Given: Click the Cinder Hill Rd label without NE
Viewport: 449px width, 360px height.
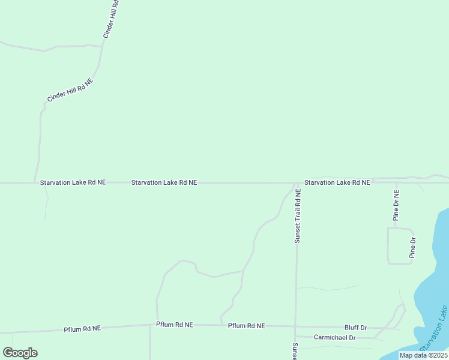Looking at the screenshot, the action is pos(110,20).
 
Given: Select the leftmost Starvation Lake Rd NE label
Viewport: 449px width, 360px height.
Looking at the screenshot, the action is pos(73,182).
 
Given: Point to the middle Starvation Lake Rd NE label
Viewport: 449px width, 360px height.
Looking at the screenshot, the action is pos(164,182).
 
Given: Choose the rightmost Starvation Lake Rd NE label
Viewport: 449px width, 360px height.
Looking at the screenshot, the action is pos(337,182).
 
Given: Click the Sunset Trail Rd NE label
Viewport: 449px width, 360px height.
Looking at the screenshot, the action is pos(297,214).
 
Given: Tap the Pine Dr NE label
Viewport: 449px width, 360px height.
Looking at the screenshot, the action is pos(396,205).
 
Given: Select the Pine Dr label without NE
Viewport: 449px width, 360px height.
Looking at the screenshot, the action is pos(412,248).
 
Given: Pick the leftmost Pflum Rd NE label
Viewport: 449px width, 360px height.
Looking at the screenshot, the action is pos(82,329).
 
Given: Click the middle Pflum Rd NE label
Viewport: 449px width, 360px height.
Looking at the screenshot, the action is pos(174,325).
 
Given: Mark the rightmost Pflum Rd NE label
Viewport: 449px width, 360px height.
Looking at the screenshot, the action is pos(246,326).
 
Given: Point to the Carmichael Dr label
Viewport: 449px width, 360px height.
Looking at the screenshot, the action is pos(335,338).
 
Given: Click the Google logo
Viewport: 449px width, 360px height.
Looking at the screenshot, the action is pos(20,353).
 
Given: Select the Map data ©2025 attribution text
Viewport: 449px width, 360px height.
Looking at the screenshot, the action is pos(423,355).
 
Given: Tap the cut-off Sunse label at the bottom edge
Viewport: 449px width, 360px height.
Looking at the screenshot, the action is pos(295,351).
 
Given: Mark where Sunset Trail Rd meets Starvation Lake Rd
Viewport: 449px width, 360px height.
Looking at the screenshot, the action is pos(297,182).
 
